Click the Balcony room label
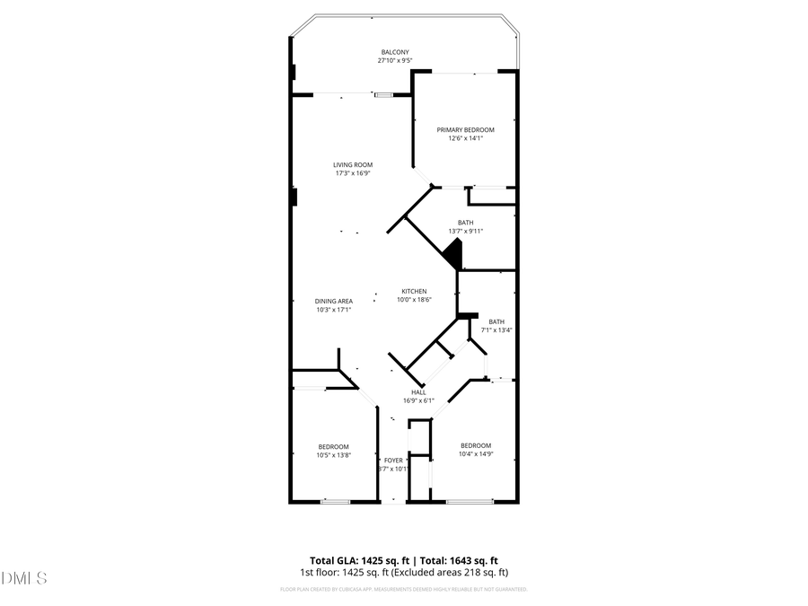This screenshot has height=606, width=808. click(x=395, y=52)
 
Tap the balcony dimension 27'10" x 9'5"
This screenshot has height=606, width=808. click(x=395, y=61)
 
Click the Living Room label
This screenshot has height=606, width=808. click(x=353, y=164)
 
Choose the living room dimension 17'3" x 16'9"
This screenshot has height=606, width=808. click(x=353, y=173)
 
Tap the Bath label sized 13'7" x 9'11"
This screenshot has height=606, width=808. click(x=465, y=223)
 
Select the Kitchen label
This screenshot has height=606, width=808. click(x=414, y=291)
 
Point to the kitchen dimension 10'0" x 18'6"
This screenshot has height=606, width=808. click(x=414, y=300)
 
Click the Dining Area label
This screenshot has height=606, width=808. click(x=333, y=301)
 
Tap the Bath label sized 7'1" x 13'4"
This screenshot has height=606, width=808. click(x=496, y=321)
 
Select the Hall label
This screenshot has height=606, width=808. click(x=418, y=392)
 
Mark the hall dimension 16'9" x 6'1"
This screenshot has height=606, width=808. click(x=418, y=401)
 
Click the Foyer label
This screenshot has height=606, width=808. click(x=393, y=460)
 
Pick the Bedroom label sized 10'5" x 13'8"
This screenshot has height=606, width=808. click(x=333, y=446)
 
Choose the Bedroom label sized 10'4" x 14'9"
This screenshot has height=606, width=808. click(x=476, y=445)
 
